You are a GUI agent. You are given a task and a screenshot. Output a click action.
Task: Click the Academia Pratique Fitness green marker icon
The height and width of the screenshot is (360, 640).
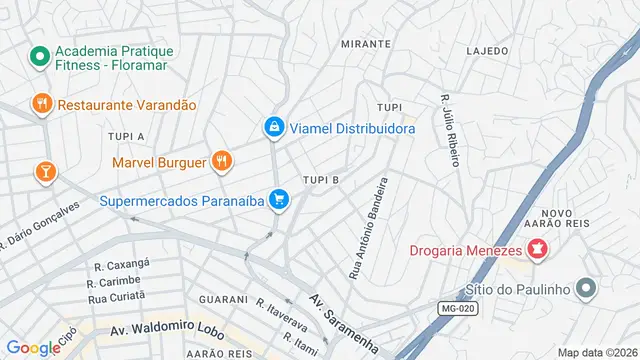pyautogui.click(x=40, y=57)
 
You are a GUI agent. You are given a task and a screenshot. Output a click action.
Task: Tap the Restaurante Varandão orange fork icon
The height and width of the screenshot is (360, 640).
pyautogui.click(x=41, y=104)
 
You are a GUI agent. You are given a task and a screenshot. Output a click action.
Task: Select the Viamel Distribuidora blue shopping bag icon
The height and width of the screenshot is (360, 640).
pyautogui.click(x=273, y=127)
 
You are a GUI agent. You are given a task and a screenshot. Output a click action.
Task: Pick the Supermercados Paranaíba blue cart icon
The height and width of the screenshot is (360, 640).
pyautogui.click(x=280, y=200)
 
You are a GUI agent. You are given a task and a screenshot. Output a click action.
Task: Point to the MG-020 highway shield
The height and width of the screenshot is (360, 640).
pyautogui.click(x=460, y=309)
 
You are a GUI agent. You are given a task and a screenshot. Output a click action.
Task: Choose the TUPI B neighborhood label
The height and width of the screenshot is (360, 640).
pyautogui.click(x=322, y=180)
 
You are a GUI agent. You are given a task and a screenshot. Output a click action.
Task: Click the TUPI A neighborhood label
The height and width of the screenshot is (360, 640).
pyautogui.click(x=127, y=136)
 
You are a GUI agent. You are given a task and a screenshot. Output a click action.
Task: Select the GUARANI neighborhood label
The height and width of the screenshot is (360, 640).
pyautogui.click(x=223, y=299)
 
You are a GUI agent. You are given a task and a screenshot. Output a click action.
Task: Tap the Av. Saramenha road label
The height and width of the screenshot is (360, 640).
pyautogui.click(x=343, y=325)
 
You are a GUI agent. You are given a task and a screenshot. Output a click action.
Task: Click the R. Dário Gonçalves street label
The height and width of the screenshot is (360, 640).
pyautogui.click(x=39, y=226)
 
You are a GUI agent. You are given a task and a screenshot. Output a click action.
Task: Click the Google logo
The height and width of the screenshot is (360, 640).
pyautogui.click(x=33, y=348)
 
